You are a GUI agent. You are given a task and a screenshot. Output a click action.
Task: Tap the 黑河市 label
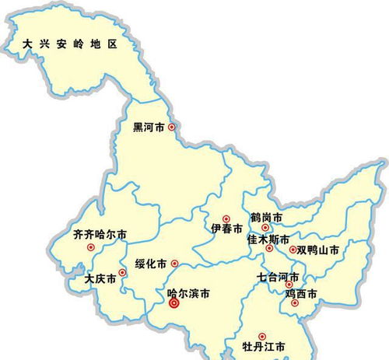pyautogui.click(x=149, y=126)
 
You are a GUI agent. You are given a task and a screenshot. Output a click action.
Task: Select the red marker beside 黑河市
pyautogui.click(x=172, y=126)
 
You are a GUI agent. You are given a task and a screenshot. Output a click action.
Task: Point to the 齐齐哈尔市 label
pyautogui.click(x=100, y=233)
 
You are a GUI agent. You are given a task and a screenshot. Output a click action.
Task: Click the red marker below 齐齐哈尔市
pyautogui.click(x=91, y=247)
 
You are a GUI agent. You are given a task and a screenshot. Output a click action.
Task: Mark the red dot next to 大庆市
pyautogui.click(x=122, y=274)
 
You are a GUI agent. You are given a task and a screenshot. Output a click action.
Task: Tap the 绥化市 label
pyautogui.click(x=151, y=264)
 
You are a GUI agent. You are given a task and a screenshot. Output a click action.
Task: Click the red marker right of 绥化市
pyautogui.click(x=174, y=264)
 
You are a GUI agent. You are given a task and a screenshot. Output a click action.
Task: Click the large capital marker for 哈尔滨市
pyautogui.click(x=173, y=304)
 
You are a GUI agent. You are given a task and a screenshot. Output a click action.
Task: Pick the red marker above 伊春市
pyautogui.click(x=226, y=219)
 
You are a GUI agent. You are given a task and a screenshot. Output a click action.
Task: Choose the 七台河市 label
pyautogui.click(x=278, y=276)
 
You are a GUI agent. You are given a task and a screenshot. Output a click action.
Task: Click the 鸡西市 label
pyautogui.click(x=301, y=293)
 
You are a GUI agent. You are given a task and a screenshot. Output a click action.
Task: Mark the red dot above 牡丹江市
pyautogui.click(x=261, y=336)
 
